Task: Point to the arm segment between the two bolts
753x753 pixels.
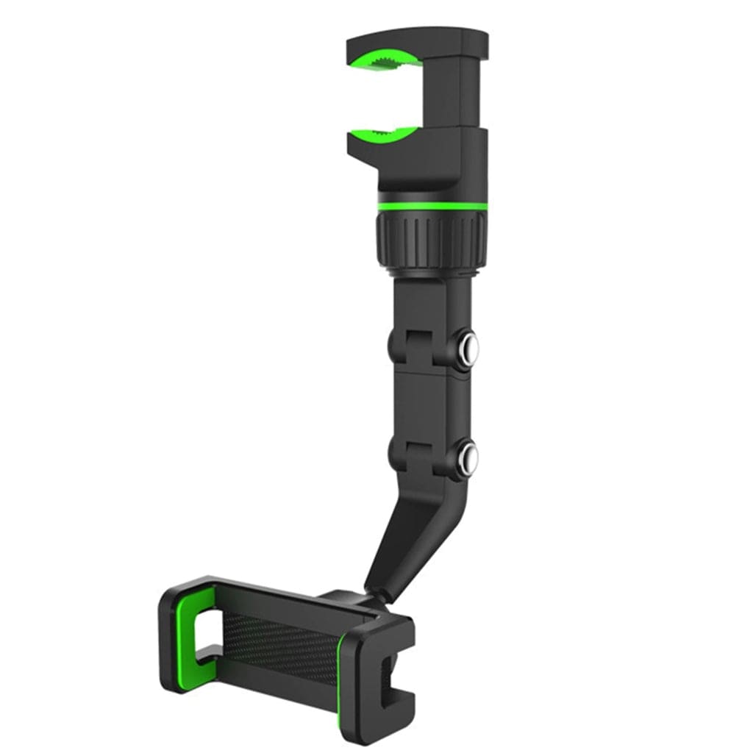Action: pos(427,401)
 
